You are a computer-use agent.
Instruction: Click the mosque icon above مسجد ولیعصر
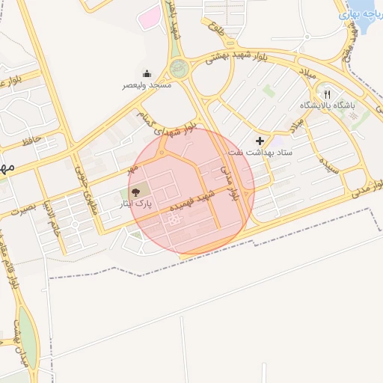147,73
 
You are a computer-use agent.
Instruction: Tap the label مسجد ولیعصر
147,85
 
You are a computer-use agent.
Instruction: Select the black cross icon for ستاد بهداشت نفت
260,140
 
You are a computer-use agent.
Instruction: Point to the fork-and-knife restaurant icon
327,94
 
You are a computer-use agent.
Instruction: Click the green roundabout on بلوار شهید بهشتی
180,69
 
